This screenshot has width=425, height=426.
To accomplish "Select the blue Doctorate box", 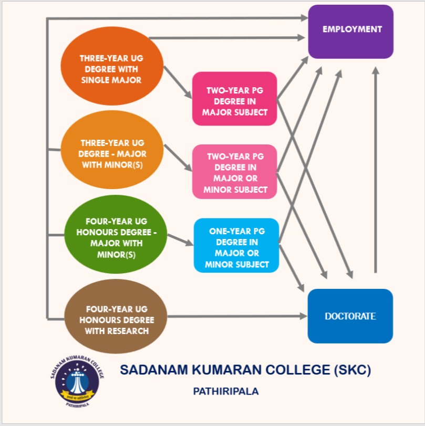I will [x=350, y=316].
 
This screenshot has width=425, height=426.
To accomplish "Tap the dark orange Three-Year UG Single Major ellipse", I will [x=111, y=69].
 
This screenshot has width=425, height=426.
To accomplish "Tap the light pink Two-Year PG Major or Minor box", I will [x=234, y=172].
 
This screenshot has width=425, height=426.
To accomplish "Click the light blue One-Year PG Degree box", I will [x=236, y=245].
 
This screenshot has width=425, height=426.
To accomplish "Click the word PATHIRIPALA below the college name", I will [x=226, y=391].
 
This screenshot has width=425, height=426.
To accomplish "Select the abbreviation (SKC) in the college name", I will [x=353, y=370].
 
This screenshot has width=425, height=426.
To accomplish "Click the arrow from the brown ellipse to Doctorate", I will [x=236, y=316].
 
